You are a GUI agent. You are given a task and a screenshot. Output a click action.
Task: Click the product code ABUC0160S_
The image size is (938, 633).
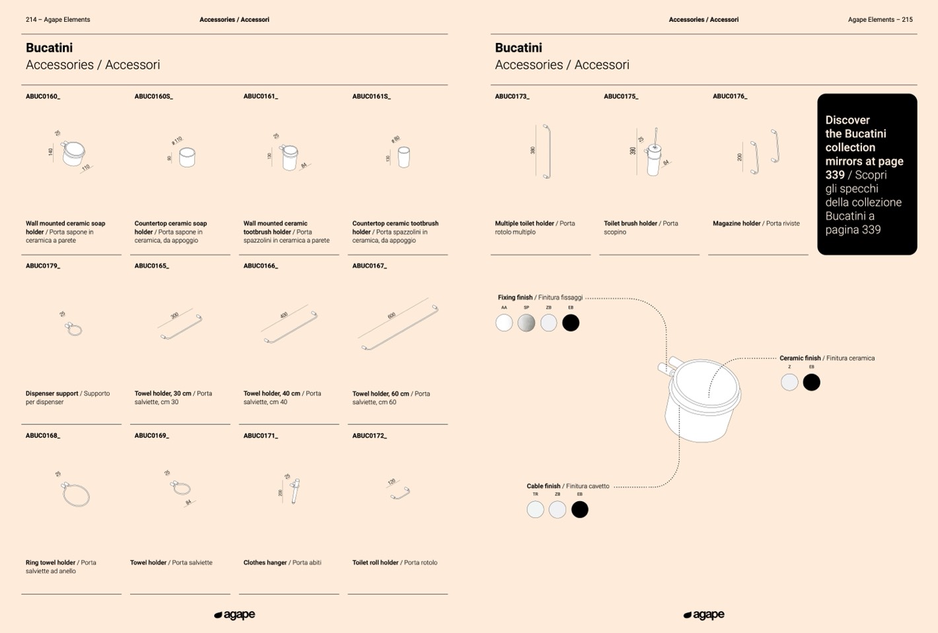(153, 96)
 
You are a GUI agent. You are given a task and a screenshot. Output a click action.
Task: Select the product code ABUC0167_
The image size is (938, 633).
(369, 266)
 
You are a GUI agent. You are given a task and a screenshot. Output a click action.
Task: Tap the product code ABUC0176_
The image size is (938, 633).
(729, 96)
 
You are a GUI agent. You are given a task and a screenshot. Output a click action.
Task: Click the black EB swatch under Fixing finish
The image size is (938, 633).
(571, 323)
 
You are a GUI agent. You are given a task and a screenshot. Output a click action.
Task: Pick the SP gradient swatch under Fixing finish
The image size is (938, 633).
(526, 323)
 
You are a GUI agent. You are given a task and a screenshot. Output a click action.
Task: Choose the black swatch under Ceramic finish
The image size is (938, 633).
(811, 382)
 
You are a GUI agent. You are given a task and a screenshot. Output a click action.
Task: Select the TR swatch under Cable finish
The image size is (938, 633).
(535, 510)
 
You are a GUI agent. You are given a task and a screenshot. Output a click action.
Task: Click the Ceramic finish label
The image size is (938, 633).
(800, 358)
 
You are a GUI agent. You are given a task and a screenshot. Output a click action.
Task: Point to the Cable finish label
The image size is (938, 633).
(544, 486)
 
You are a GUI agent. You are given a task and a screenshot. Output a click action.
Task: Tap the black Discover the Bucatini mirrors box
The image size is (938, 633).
(867, 174)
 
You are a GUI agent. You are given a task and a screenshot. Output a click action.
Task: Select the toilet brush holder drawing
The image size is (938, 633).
(653, 153)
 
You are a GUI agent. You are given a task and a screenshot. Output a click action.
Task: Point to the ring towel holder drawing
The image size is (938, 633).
(75, 493)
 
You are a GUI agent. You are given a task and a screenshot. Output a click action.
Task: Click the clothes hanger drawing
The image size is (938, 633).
(293, 490)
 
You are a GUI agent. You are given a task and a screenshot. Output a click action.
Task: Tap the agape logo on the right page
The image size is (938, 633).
(703, 615)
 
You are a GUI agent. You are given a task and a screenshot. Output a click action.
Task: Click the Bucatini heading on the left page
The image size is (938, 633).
(49, 48)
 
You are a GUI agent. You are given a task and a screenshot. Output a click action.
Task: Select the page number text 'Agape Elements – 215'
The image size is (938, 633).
(880, 20)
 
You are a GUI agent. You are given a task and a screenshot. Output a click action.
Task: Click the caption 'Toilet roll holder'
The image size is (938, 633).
(375, 563)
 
